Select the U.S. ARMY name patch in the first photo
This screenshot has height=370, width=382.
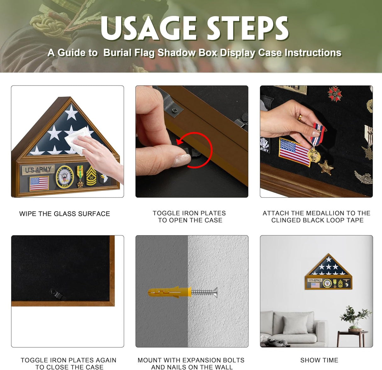pos(38,170)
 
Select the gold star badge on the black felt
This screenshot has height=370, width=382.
pos(326,168)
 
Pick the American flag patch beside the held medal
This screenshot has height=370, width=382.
pos(295,152)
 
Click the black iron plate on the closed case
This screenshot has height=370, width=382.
pos(56,294)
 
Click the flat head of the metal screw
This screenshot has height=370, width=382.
pos(215,292)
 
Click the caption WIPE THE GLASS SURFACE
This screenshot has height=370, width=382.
pos(65,214)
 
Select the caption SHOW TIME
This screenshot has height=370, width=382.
pos(319,360)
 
